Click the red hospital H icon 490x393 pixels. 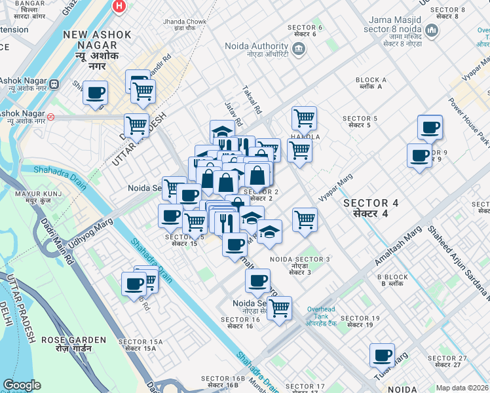click(119, 6)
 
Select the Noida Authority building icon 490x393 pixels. click(298, 47)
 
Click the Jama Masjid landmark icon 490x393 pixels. click(432, 31)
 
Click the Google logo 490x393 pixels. click(22, 385)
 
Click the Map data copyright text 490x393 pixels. click(462, 388)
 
